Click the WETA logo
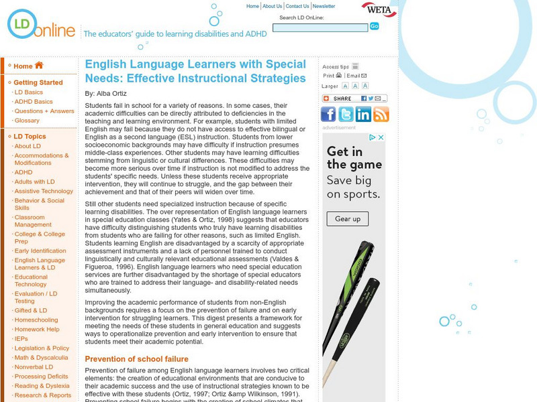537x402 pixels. pos(379,10)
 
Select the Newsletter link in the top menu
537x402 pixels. pos(324,6)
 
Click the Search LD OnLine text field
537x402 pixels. pos(320,27)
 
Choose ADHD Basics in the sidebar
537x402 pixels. pos(34,102)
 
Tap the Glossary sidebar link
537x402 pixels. pos(27,121)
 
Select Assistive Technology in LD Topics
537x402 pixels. pos(44,191)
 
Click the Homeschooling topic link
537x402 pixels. pos(36,320)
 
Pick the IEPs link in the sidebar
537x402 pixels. pos(22,339)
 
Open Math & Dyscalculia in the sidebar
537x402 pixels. pos(41,357)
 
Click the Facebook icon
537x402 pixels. pos(329,114)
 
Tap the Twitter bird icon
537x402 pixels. pos(346,114)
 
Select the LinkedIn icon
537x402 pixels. pos(364,114)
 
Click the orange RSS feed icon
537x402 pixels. pos(381,114)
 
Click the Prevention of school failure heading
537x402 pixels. pos(136,359)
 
